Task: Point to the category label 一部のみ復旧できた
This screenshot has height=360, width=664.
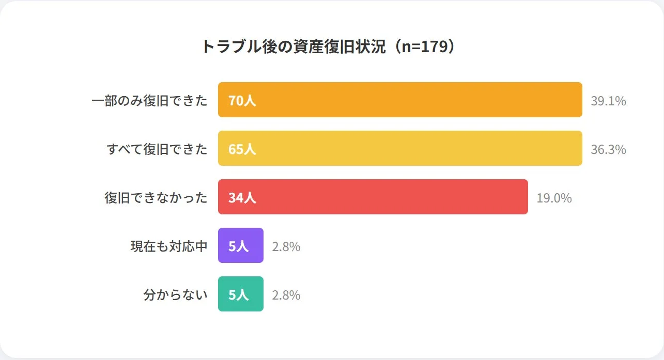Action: [x=149, y=100]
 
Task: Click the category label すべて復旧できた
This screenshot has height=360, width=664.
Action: [x=157, y=149]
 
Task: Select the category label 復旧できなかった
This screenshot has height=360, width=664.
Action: [x=156, y=197]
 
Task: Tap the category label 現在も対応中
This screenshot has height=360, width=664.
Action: [x=169, y=246]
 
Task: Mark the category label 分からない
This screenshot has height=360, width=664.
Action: [x=175, y=294]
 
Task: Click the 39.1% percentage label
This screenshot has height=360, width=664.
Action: [x=608, y=101]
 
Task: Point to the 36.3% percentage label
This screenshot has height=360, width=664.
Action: [x=608, y=149]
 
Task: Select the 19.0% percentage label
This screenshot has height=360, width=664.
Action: [x=554, y=198]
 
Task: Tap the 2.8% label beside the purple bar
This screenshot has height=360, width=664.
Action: [x=286, y=246]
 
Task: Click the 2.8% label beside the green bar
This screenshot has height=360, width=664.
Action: [x=286, y=295]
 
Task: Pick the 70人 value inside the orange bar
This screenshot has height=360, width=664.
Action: [x=242, y=100]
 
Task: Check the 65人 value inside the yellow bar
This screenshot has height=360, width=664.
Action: [x=242, y=149]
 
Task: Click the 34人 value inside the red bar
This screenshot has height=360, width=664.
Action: [x=242, y=197]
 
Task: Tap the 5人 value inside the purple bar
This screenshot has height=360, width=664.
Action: [x=238, y=246]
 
